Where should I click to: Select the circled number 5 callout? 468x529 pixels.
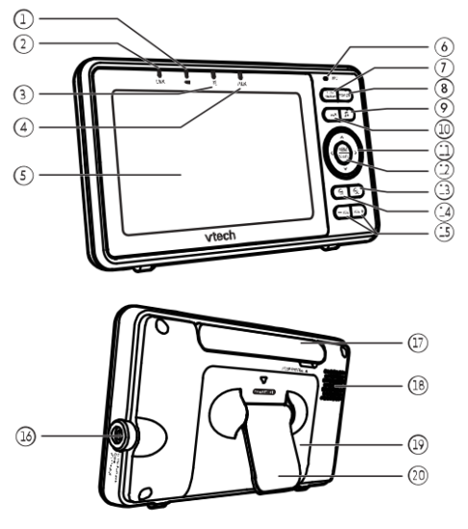point(26,176)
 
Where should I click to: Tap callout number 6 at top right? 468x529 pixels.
point(442,45)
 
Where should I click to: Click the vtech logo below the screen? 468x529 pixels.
point(221,234)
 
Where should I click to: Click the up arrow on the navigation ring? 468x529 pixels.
point(343,134)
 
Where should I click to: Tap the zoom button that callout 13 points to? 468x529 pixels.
point(357,191)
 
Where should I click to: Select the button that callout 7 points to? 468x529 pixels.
point(331,94)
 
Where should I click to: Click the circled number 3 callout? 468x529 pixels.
point(26,94)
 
